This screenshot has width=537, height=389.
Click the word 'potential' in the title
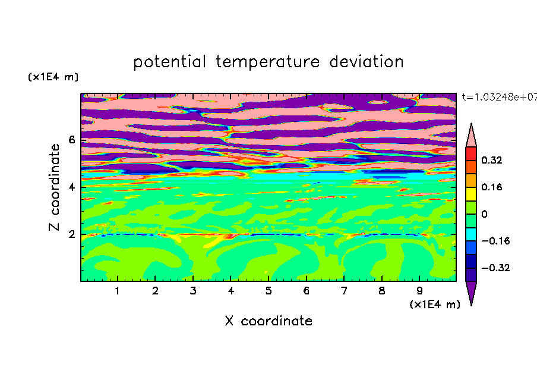tap(169, 62)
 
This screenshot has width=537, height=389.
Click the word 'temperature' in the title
tap(267, 62)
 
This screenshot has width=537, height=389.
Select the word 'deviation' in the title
tap(367, 61)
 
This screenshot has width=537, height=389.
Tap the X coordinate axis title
tap(268, 321)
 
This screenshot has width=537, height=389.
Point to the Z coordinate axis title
tap(54, 187)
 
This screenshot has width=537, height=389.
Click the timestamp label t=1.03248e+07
tap(500, 97)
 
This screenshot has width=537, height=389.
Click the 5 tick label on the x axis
tap(268, 291)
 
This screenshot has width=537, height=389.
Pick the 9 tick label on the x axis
tap(419, 291)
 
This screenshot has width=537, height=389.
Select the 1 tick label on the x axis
tap(117, 291)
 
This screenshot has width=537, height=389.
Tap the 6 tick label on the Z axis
tap(71, 140)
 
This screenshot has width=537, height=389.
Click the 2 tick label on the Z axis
tap(71, 234)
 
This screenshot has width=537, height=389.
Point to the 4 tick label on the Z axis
tap(71, 187)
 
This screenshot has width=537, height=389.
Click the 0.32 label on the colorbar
tap(491, 160)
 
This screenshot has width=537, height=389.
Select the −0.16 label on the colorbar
tap(495, 241)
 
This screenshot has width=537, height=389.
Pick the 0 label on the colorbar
tap(484, 214)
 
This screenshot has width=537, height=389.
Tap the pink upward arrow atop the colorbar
tap(471, 136)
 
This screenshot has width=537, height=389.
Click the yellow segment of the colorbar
tap(471, 194)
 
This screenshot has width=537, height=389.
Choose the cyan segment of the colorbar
tap(471, 234)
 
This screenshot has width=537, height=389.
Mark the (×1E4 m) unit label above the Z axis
tap(53, 77)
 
